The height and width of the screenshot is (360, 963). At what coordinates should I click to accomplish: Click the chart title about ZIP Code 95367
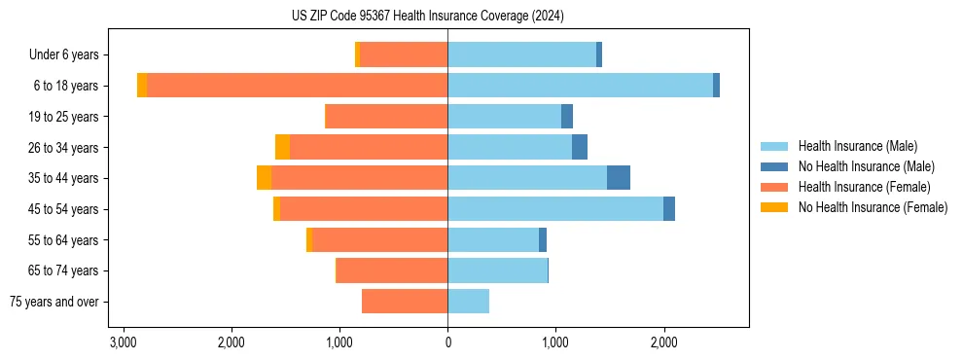[x=427, y=17]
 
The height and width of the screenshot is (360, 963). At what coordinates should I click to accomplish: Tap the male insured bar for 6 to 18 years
[x=580, y=86]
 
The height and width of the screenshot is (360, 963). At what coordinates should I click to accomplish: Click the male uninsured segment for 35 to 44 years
[x=619, y=178]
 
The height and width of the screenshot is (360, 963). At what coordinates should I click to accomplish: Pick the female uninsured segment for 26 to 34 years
[x=282, y=147]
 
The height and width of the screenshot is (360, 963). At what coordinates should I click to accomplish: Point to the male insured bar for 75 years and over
[x=468, y=302]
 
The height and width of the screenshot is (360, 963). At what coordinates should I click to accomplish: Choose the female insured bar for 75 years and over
[x=405, y=302]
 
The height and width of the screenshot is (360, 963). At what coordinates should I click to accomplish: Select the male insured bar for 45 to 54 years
[x=555, y=209]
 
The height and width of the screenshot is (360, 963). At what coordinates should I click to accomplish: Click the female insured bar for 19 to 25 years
[x=386, y=117]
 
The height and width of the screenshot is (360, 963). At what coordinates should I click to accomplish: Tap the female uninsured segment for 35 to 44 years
[x=264, y=178]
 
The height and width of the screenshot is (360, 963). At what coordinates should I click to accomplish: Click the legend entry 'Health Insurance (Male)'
[x=857, y=146]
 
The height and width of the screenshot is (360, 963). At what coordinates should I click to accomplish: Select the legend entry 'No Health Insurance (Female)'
[x=873, y=207]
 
